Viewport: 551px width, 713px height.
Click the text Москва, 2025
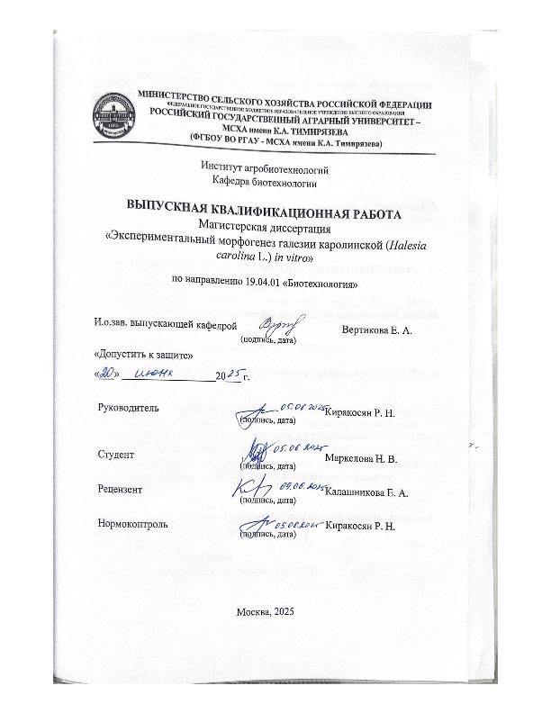[265, 612]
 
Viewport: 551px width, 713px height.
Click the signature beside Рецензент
[252, 487]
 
